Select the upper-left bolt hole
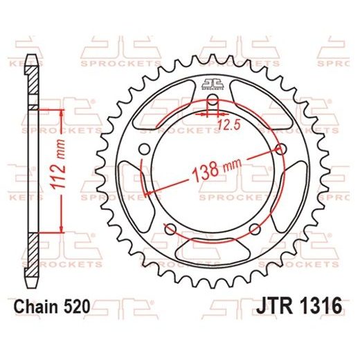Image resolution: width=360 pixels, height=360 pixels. pos(144,147)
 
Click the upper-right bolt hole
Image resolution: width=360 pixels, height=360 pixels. pos(283,147)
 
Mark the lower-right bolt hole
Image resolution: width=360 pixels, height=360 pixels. pos(257,228)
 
